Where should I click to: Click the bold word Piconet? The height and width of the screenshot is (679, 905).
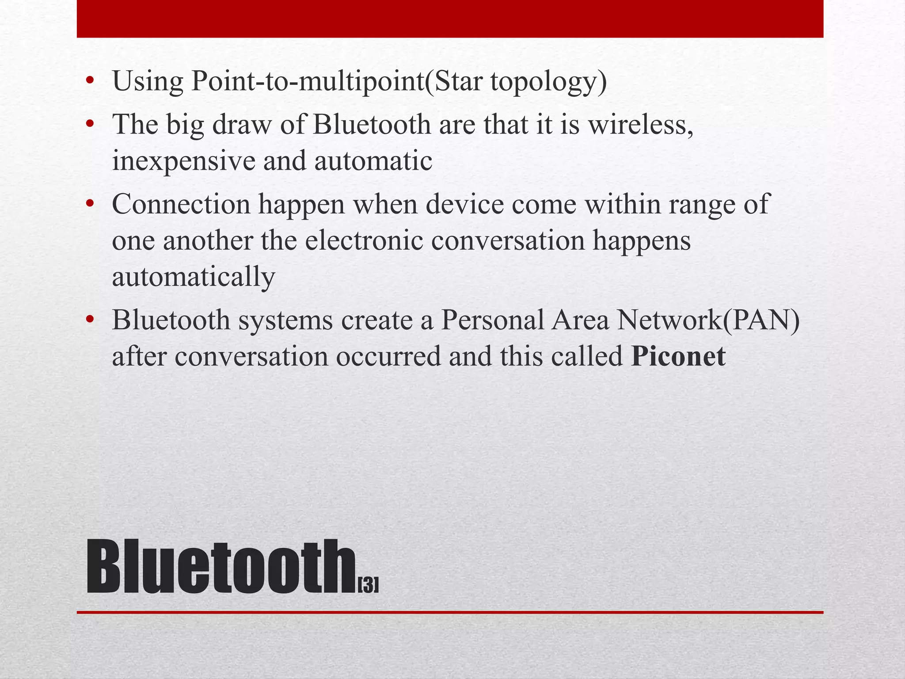678,356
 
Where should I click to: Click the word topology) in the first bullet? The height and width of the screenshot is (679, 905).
548,82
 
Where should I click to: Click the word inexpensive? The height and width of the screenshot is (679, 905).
184,161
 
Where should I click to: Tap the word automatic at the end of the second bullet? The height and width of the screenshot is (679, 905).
373,161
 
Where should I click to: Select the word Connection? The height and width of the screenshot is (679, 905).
181,205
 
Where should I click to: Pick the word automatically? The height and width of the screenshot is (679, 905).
194,277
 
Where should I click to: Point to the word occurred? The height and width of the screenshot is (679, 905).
388,356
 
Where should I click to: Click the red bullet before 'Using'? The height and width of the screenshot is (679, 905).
90,81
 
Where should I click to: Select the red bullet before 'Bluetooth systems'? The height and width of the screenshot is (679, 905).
90,319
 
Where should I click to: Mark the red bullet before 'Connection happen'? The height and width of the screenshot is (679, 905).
90,204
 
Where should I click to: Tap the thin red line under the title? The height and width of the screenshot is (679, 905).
450,612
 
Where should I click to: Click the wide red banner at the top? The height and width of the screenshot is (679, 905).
450,19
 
